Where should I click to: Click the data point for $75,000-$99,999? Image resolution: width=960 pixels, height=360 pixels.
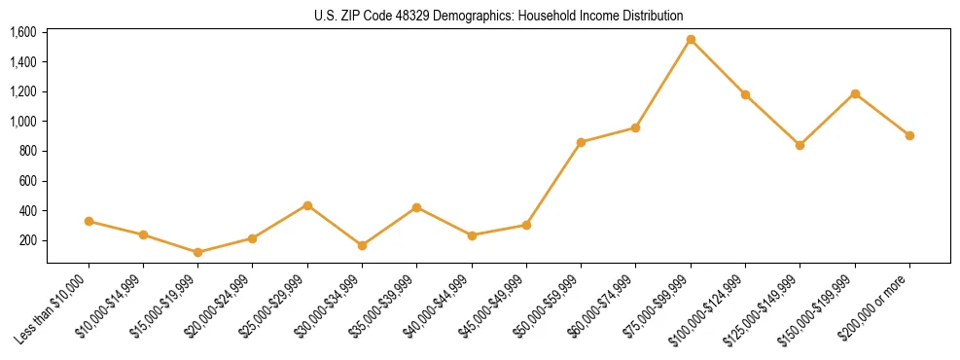691,40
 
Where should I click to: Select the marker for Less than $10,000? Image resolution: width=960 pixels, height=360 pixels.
89,222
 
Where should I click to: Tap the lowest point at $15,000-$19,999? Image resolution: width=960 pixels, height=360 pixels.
198,252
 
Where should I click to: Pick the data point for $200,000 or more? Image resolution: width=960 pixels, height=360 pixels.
909,135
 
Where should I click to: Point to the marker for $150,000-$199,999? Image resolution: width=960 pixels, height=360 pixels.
855,93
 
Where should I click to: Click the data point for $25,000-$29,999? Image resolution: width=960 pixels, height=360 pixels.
307,205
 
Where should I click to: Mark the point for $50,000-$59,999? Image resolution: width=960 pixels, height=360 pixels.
581,142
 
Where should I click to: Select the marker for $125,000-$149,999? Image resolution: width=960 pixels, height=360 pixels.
800,145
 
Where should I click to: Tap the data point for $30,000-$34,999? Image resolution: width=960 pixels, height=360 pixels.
363,245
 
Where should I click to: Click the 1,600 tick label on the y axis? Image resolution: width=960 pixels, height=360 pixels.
23,32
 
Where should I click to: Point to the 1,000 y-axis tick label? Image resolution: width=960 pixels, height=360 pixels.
23,122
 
